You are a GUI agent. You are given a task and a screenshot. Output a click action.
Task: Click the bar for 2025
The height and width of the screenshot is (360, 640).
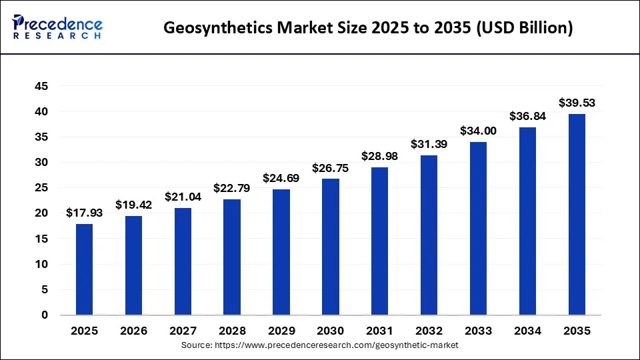84,269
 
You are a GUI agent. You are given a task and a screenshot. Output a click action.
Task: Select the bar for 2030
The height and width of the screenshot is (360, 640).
331,247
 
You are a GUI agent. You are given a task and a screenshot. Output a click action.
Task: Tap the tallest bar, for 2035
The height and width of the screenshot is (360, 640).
577,214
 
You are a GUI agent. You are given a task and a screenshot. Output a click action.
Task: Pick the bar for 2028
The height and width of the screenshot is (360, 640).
232,257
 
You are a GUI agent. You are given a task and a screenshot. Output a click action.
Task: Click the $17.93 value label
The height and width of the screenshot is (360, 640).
84,213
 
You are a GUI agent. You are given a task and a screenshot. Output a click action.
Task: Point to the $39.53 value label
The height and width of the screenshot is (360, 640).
577,103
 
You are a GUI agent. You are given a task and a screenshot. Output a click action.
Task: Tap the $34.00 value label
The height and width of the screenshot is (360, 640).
478,131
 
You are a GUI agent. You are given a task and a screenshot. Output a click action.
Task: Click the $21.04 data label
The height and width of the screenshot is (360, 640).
183,197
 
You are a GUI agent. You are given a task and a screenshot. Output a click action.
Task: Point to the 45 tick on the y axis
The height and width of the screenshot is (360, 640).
41,86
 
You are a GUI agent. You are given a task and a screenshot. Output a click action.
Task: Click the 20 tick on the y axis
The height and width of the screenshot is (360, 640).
41,213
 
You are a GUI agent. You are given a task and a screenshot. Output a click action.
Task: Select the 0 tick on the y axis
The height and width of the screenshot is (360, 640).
44,315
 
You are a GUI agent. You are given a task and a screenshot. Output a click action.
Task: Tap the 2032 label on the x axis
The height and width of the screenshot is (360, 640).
429,331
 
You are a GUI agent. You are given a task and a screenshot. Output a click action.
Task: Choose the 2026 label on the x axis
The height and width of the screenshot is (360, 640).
133,331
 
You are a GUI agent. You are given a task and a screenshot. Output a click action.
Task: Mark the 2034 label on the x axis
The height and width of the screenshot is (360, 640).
527,331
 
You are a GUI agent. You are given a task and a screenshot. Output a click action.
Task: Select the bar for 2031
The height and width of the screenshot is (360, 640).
379,241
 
